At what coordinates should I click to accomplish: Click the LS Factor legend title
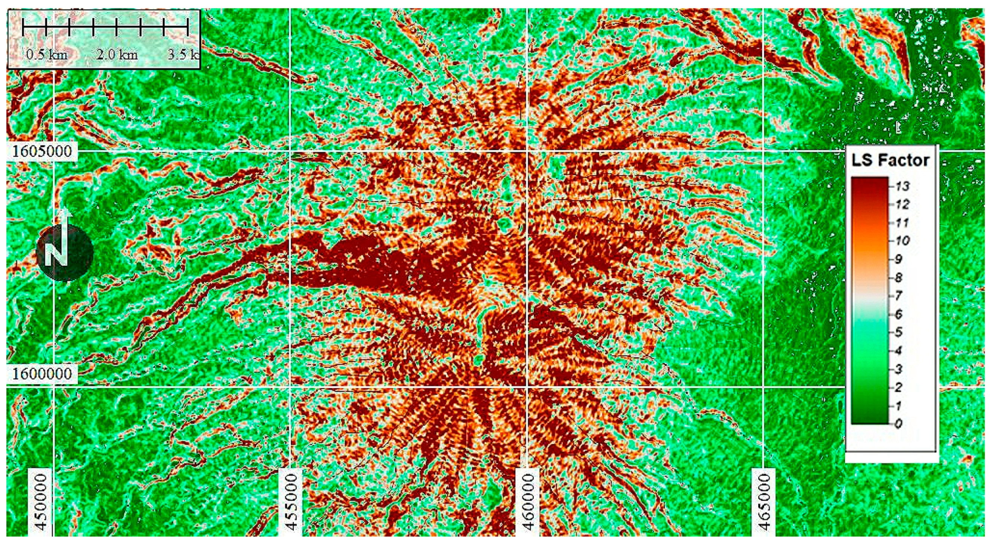[890, 161]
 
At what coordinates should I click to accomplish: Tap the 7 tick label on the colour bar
[898, 296]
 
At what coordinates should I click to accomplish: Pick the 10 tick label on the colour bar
[901, 241]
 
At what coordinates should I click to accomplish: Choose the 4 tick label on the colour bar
[898, 350]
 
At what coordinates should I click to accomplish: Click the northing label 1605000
[42, 151]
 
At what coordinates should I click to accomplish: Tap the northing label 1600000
[42, 374]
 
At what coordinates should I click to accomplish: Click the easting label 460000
[528, 502]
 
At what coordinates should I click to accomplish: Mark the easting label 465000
[764, 502]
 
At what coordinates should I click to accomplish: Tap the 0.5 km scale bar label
[47, 55]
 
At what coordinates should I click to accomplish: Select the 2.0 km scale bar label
[117, 55]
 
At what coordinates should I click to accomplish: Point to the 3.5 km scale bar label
[183, 55]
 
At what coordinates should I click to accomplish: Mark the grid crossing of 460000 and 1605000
[527, 151]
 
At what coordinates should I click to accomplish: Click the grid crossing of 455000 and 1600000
[290, 386]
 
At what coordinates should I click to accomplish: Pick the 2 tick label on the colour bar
[898, 387]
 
